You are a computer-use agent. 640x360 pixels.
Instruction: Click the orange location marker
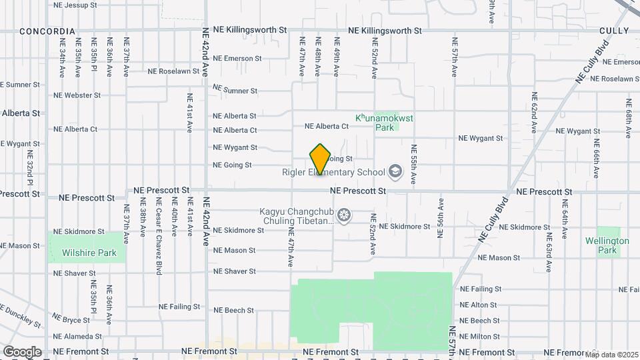pyautogui.click(x=321, y=159)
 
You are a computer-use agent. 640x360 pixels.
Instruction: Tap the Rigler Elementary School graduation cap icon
pyautogui.click(x=395, y=172)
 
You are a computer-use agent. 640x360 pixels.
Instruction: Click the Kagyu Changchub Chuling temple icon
pyautogui.click(x=344, y=215)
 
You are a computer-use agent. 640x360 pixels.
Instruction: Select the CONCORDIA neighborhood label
pyautogui.click(x=47, y=31)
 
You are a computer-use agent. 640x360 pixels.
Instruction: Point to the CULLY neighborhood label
pyautogui.click(x=614, y=31)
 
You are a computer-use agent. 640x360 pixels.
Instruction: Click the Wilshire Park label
pyautogui.click(x=89, y=253)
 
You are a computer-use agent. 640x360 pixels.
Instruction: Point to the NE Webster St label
pyautogui.click(x=77, y=95)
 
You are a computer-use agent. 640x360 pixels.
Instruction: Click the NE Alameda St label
pyautogui.click(x=79, y=337)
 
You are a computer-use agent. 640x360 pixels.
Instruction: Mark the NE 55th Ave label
pyautogui.click(x=414, y=164)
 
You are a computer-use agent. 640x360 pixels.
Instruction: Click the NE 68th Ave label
pyautogui.click(x=628, y=119)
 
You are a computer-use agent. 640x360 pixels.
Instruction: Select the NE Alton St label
pyautogui.click(x=480, y=305)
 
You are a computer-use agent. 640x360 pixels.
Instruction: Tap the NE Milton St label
pyautogui.click(x=480, y=337)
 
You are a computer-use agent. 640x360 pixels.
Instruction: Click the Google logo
pyautogui.click(x=21, y=351)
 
